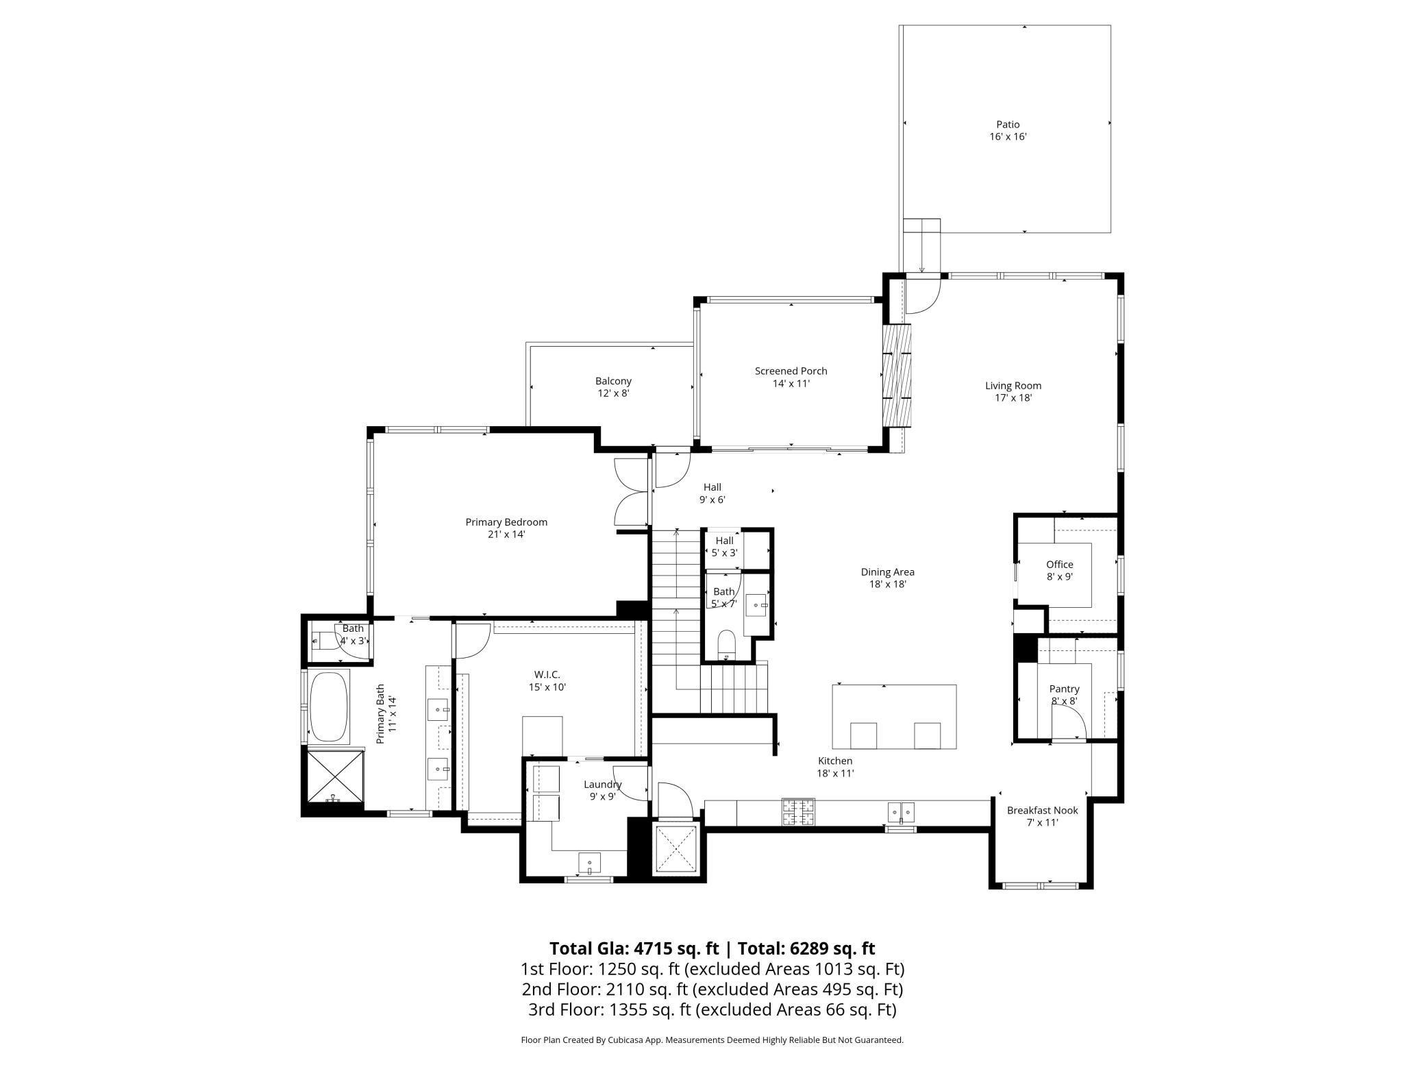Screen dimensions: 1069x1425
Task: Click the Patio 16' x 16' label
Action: (1008, 130)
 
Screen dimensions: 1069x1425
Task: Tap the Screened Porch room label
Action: (791, 377)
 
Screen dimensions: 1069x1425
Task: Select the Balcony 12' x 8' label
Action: (613, 387)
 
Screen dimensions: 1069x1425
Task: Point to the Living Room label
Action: (1013, 391)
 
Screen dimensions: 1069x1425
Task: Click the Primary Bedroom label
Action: (506, 528)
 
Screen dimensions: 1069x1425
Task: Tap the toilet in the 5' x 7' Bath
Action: (726, 644)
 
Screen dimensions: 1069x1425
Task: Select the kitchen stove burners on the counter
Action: (799, 812)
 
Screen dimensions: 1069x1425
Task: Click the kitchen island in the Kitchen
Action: (894, 716)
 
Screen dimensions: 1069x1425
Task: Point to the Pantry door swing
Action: (1067, 725)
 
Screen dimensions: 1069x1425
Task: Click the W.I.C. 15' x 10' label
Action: (547, 681)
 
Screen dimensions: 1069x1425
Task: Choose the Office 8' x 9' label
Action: (1059, 570)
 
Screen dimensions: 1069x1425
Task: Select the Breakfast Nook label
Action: (1042, 816)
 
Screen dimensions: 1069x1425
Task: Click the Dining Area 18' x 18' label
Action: (887, 578)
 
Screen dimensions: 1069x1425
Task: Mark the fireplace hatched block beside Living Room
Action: (897, 376)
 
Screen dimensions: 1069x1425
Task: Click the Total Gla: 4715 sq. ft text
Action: (634, 948)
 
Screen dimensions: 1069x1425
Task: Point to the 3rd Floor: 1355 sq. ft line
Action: (712, 1009)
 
